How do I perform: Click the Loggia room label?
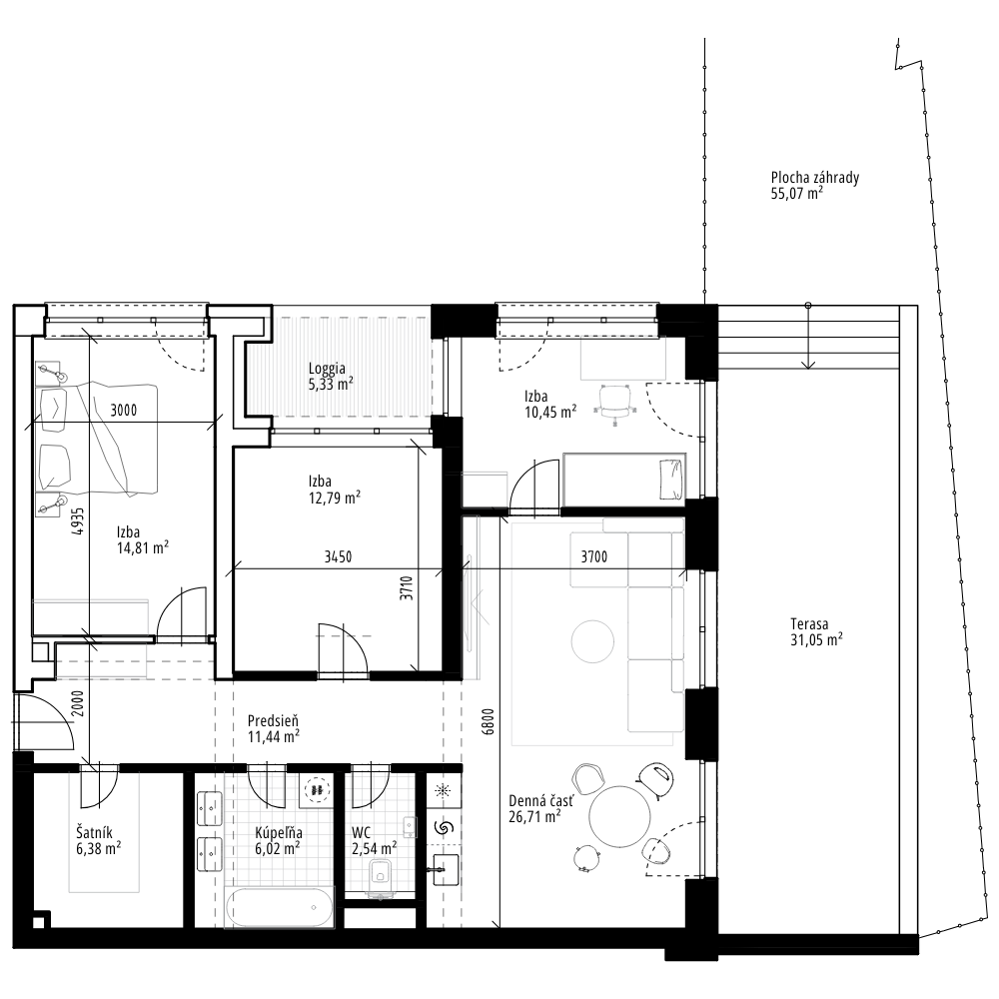click(327, 369)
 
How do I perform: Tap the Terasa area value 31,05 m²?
click(817, 640)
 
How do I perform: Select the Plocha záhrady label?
click(815, 178)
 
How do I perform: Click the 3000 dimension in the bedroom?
click(124, 411)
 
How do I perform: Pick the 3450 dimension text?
click(339, 556)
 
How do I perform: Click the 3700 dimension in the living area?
click(593, 556)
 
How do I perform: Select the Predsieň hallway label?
click(274, 721)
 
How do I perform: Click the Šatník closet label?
click(94, 833)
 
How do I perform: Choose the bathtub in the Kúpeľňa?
click(279, 908)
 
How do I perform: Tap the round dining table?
click(620, 817)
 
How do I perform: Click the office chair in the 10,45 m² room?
click(614, 402)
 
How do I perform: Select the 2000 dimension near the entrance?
click(78, 703)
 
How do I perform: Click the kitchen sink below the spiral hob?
click(443, 870)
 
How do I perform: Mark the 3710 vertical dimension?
click(408, 587)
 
